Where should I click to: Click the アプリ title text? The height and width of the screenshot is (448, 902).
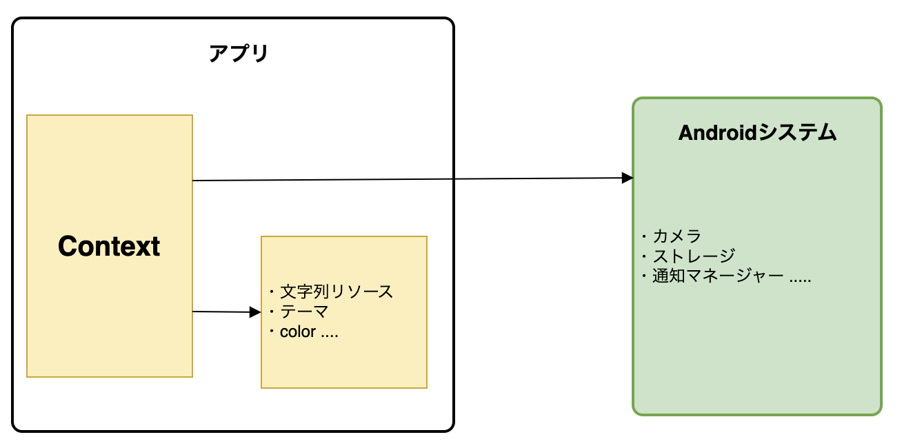click(x=238, y=54)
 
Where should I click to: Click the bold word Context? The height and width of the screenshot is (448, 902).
click(x=109, y=246)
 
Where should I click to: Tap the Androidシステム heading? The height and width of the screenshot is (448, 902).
click(x=757, y=133)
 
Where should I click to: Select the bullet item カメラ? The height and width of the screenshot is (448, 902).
click(x=676, y=236)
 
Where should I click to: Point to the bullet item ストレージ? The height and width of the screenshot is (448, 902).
click(x=694, y=256)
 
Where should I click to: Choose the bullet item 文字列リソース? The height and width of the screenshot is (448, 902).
click(x=337, y=292)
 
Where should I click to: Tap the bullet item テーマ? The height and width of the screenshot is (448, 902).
click(x=304, y=312)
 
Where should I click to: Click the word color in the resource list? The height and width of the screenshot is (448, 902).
click(x=298, y=332)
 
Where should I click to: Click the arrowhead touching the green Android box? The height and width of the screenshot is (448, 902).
click(x=628, y=178)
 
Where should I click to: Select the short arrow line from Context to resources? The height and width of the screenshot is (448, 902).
click(x=221, y=312)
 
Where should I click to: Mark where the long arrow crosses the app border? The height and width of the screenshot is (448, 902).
click(x=453, y=179)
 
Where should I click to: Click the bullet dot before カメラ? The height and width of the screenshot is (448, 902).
click(x=643, y=237)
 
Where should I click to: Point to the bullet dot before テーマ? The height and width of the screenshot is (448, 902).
click(x=271, y=312)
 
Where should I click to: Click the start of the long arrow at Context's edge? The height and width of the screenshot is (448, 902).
click(x=194, y=181)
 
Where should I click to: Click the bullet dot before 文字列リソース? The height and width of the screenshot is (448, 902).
click(x=271, y=292)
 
